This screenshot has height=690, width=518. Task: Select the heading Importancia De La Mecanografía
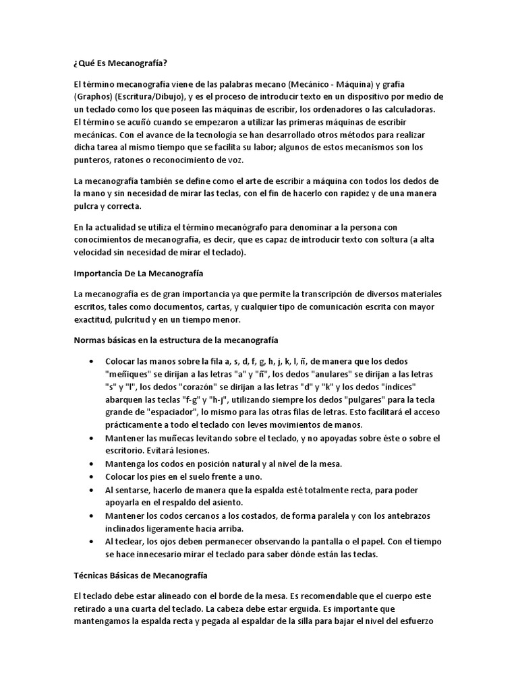click(x=139, y=274)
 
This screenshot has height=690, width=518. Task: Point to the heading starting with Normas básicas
click(x=175, y=340)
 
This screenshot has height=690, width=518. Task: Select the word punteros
click(x=93, y=160)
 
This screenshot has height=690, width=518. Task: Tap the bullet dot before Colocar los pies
click(x=91, y=477)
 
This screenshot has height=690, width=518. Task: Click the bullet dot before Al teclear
click(x=91, y=541)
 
